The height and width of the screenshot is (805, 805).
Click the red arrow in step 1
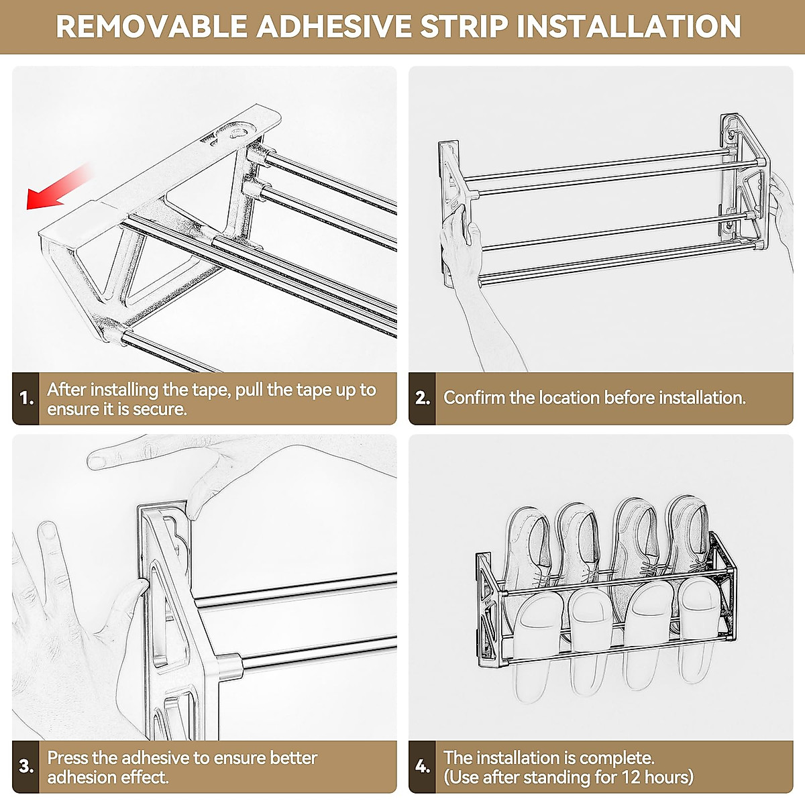coord(58,187)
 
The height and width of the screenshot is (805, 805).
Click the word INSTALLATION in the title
coord(629,26)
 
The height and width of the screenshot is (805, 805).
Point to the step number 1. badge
coord(26,398)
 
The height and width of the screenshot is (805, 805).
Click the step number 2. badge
coord(422,398)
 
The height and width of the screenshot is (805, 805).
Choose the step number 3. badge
coord(26,767)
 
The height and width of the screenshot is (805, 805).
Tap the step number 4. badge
coord(422,767)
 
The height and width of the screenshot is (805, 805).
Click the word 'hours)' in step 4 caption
coord(669,777)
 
